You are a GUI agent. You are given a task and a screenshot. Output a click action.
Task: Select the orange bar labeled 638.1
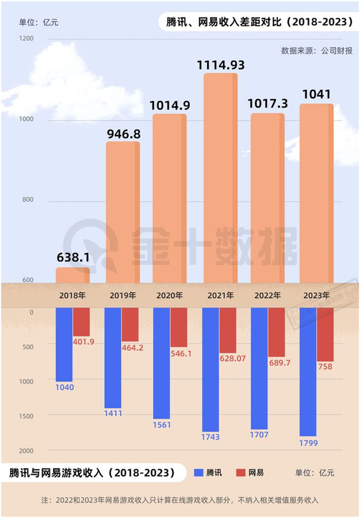point(73,275)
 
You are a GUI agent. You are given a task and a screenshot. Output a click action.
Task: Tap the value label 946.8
point(123,134)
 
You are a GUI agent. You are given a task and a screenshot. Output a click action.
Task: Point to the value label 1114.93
point(221,65)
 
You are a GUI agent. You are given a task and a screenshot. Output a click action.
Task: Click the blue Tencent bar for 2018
point(64,344)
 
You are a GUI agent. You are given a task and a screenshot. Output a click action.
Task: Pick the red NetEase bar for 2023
point(325,334)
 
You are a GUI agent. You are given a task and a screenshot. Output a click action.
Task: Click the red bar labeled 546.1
point(179,327)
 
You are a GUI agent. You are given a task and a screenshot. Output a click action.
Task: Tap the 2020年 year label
point(170,296)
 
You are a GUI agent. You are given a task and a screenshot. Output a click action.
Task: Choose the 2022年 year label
point(267,296)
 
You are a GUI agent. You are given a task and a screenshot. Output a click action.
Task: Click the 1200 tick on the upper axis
point(27,39)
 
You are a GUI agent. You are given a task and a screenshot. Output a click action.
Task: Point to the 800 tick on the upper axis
point(27,200)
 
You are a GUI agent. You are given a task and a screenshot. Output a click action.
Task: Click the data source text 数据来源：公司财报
point(317,50)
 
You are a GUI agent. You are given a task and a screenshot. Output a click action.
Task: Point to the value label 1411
point(113,413)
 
